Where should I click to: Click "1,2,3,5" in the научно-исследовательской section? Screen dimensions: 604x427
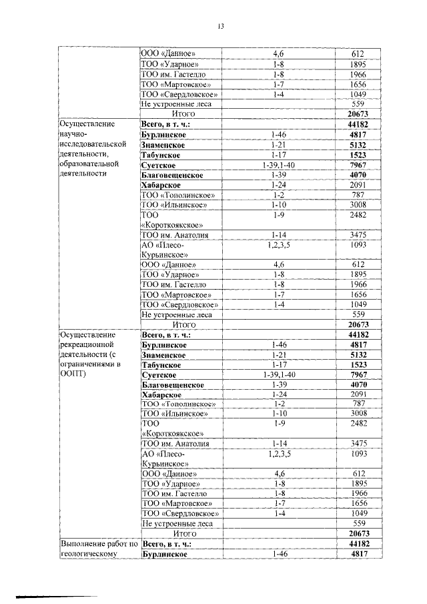(x=279, y=245)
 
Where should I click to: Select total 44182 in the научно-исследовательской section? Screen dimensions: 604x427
(x=358, y=124)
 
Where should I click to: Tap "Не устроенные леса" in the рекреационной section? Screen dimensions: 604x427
(x=176, y=524)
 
